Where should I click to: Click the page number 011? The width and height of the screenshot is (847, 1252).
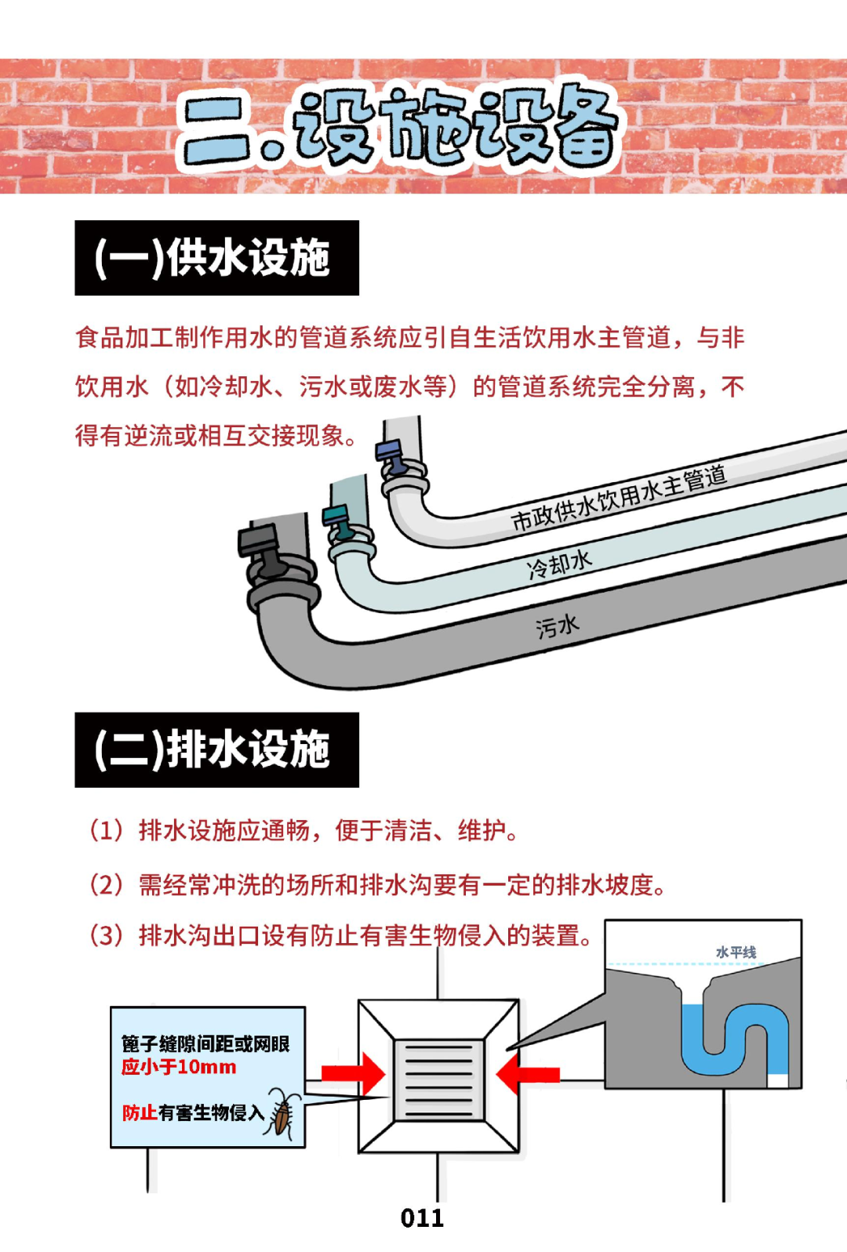click(x=422, y=1218)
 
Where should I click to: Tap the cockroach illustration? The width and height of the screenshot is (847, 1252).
click(x=282, y=1114)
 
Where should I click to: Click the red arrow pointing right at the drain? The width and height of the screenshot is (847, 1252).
click(x=354, y=1073)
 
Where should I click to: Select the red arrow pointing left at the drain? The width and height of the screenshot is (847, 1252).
click(x=528, y=1074)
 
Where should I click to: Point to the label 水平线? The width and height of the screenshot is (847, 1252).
click(x=736, y=953)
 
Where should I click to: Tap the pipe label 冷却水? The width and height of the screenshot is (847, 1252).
click(x=559, y=564)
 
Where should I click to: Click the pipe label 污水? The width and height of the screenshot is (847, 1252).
click(x=558, y=626)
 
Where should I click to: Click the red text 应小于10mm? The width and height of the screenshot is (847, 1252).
click(x=179, y=1067)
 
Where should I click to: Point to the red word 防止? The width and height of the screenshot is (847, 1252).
click(x=140, y=1112)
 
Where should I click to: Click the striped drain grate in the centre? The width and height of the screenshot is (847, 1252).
click(x=439, y=1080)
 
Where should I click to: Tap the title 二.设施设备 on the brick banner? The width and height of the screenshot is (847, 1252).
click(x=400, y=128)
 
